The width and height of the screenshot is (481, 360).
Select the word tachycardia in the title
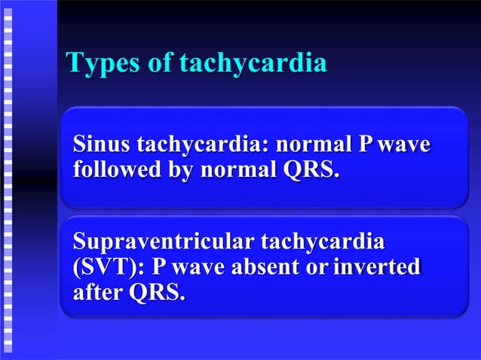point(253,64)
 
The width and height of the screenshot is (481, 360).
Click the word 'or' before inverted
point(309,267)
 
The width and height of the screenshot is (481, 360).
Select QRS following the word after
point(157,292)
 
